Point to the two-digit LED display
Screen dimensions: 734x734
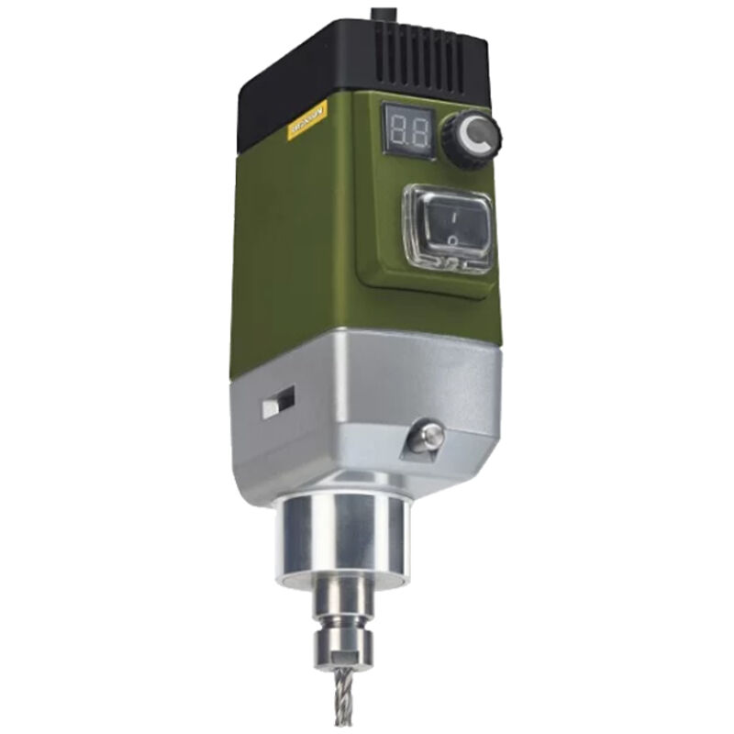point(406,134)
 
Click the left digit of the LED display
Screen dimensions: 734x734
point(396,134)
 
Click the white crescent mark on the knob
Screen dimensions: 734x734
point(473,139)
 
